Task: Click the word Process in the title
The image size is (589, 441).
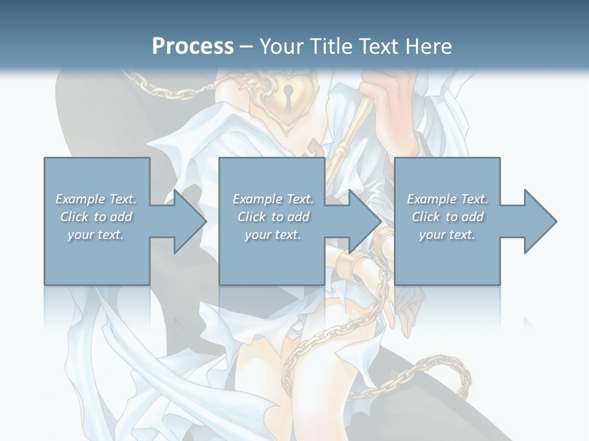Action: pyautogui.click(x=193, y=46)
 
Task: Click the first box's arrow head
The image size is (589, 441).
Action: pyautogui.click(x=188, y=221)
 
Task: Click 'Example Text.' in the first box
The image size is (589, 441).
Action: pyautogui.click(x=96, y=199)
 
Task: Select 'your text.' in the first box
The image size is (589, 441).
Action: pyautogui.click(x=96, y=235)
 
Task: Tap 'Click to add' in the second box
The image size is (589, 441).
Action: pyautogui.click(x=273, y=217)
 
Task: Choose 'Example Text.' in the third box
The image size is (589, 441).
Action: pyautogui.click(x=447, y=199)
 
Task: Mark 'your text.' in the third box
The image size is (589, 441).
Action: pyautogui.click(x=447, y=235)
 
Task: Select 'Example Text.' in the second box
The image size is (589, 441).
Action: pyautogui.click(x=273, y=199)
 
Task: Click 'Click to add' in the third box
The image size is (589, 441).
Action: pyautogui.click(x=447, y=217)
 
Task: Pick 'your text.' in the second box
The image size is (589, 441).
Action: pyautogui.click(x=273, y=235)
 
